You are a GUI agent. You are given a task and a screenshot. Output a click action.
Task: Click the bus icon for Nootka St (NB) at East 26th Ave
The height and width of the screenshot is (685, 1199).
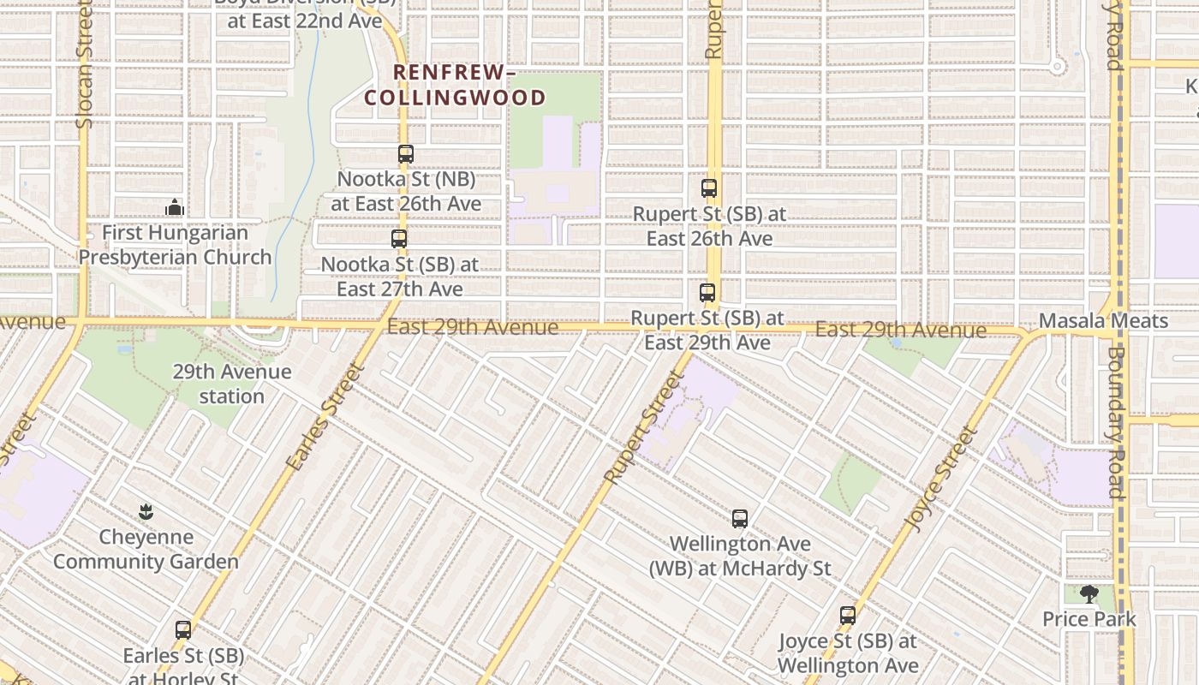406,154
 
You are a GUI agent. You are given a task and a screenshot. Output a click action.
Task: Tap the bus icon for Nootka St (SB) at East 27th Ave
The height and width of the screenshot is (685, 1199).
399,239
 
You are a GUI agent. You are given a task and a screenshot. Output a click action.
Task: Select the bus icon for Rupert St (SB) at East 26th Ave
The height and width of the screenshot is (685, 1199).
709,188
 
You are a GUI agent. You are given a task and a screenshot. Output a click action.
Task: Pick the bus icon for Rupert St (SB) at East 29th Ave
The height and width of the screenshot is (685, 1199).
707,293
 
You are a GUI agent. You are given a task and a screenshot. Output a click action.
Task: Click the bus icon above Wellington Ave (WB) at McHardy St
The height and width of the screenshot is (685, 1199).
740,518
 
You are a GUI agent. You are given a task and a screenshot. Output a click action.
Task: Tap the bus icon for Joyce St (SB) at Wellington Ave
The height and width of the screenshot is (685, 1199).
848,615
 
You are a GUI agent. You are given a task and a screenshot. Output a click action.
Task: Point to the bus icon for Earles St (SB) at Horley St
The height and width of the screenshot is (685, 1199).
183,629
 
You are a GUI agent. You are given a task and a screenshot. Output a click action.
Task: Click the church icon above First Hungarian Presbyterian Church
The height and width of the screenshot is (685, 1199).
175,207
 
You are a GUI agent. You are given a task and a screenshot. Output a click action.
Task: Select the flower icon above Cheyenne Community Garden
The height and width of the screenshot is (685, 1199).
146,512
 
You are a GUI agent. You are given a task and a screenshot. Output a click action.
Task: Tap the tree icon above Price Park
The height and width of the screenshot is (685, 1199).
1089,593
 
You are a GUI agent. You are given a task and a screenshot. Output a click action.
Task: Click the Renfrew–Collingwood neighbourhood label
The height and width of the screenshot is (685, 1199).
455,86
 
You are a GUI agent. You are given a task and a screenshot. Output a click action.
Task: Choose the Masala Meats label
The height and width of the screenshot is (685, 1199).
1103,321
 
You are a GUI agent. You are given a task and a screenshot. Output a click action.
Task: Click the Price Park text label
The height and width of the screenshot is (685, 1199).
1089,619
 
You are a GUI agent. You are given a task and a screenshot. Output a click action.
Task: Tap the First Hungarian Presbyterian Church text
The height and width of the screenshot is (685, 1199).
175,245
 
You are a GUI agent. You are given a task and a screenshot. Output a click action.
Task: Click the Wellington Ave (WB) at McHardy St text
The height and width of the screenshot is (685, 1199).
740,556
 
